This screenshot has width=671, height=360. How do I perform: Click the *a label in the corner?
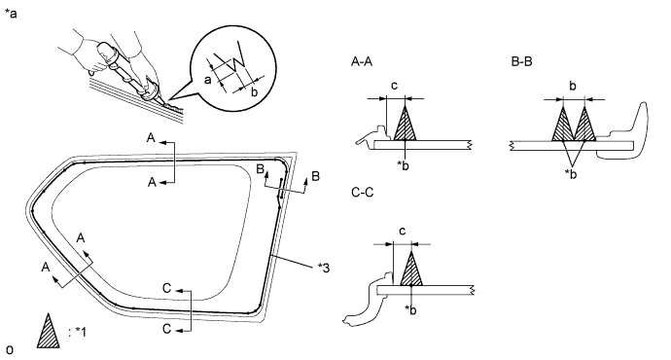point(11,14)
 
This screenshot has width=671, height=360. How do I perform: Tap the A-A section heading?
point(362,62)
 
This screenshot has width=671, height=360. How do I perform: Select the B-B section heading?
point(521,62)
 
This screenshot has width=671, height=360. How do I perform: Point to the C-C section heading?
point(362,193)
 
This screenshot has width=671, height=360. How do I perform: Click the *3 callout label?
point(324,268)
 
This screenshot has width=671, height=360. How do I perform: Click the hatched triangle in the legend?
point(48,331)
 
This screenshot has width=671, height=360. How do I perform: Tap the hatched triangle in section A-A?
point(405,124)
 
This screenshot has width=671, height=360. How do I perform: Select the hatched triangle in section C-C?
point(411,269)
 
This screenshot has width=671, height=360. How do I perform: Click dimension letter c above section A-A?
point(394,86)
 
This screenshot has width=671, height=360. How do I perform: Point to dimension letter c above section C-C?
point(402,232)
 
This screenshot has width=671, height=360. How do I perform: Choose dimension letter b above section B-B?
point(573,86)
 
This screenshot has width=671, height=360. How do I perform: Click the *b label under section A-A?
point(403,165)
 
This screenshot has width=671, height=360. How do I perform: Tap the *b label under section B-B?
point(571,174)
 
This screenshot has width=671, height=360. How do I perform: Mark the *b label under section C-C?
point(410,310)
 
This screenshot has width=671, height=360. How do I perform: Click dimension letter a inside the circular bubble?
point(207,80)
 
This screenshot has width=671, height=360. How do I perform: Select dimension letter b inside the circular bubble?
point(254,91)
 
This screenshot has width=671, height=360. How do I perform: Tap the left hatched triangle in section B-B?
point(562,125)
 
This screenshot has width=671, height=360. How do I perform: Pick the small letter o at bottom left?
point(10,349)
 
